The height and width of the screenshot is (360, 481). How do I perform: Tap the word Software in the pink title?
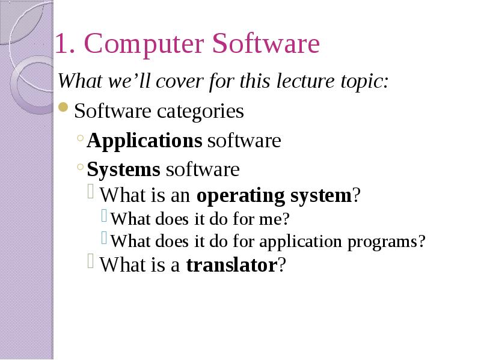(266, 43)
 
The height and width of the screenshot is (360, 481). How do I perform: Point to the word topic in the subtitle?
(362, 83)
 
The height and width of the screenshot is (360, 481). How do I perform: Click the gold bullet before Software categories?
(63, 108)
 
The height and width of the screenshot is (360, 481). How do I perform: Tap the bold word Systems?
(123, 169)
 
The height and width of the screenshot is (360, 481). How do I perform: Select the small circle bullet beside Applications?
(81, 138)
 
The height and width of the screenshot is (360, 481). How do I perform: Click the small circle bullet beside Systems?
(81, 167)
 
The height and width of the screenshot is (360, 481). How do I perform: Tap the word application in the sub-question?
(301, 242)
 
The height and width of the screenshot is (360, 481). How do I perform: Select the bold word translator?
(232, 265)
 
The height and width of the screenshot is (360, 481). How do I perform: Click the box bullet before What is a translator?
(91, 261)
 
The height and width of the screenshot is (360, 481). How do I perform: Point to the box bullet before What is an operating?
(91, 191)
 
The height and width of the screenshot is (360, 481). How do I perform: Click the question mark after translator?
(282, 264)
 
